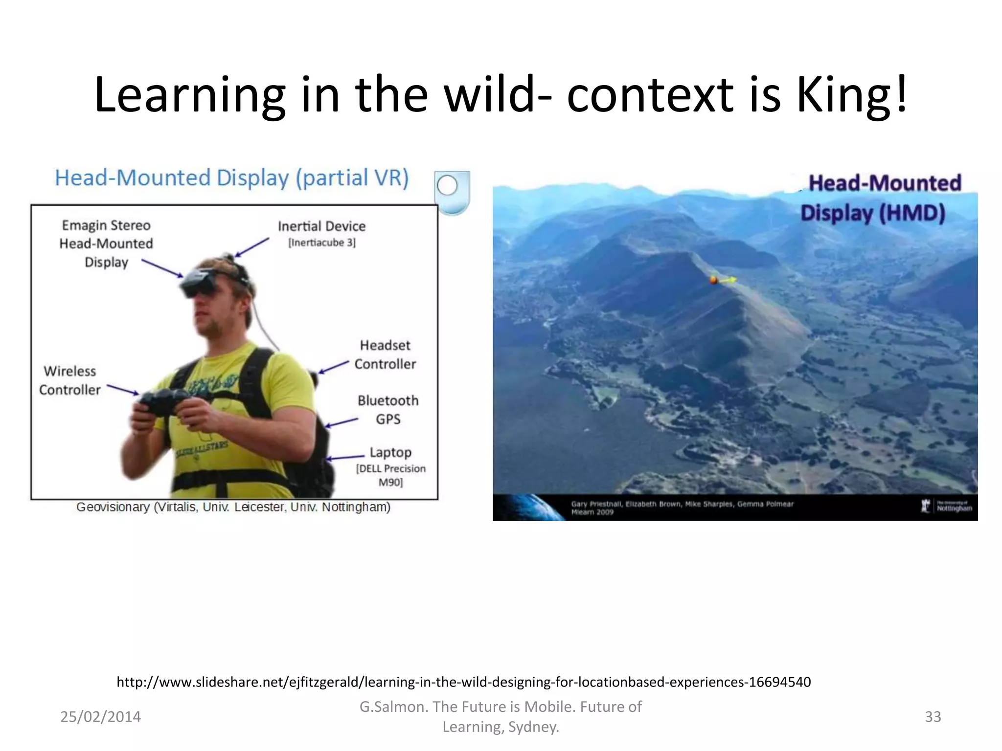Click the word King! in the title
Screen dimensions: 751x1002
click(851, 95)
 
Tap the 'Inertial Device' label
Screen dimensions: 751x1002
click(321, 226)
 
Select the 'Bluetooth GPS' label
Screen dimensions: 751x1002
click(388, 410)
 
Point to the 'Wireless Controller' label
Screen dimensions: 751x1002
click(70, 380)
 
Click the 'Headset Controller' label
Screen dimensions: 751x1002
click(385, 354)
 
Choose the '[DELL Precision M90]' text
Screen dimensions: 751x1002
click(390, 475)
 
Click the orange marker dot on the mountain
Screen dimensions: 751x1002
click(713, 280)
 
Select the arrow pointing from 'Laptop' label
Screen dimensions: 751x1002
click(345, 458)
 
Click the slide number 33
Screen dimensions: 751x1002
click(933, 717)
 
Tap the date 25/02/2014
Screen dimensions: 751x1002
click(100, 717)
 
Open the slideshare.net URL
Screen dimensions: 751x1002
click(463, 682)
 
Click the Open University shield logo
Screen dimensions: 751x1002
click(452, 192)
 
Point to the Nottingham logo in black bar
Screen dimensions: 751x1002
click(947, 506)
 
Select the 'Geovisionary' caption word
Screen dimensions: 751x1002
click(113, 507)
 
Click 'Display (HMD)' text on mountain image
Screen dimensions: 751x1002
click(872, 214)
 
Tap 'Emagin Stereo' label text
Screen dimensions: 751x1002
click(106, 225)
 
